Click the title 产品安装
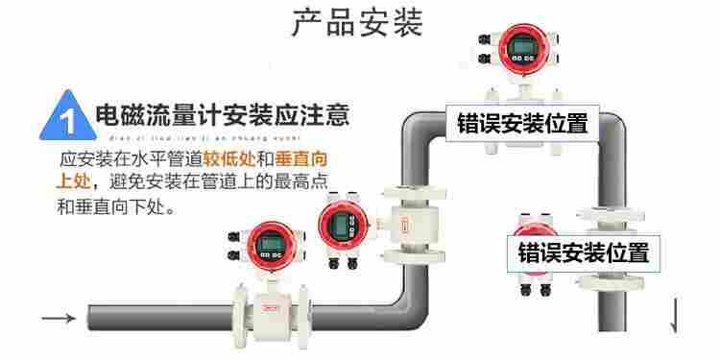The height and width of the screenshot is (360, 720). (357, 23)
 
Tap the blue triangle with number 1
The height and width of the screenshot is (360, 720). (68, 117)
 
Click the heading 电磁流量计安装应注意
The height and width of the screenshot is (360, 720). (222, 116)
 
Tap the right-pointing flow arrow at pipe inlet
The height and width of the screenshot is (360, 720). (58, 319)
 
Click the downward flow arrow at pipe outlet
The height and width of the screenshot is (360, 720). (674, 316)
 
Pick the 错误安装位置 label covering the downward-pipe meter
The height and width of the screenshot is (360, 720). (584, 252)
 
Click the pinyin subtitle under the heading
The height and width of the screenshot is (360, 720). (222, 136)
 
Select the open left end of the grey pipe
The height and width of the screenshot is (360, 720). (91, 317)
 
